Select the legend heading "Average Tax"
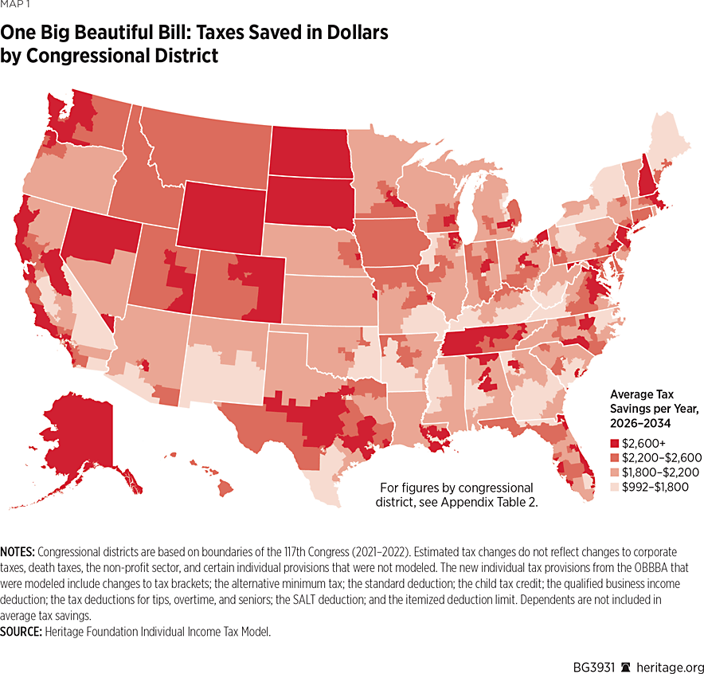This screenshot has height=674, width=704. tap(643, 394)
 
